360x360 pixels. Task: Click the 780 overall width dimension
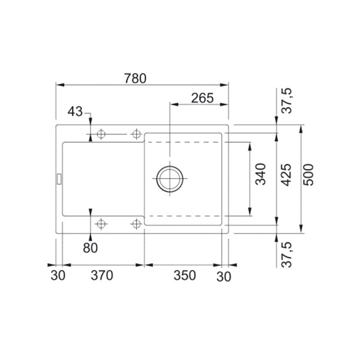click(x=135, y=78)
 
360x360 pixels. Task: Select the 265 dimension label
click(x=202, y=98)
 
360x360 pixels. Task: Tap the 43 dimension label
click(x=75, y=112)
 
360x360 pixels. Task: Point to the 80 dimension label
click(x=90, y=248)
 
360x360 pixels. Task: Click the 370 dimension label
click(x=102, y=275)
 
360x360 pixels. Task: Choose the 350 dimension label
click(x=185, y=275)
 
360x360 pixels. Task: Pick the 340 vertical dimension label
click(x=260, y=174)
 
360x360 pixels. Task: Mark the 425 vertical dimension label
click(x=286, y=175)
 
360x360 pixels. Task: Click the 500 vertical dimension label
click(x=308, y=175)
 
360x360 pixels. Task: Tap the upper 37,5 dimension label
click(x=287, y=100)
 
